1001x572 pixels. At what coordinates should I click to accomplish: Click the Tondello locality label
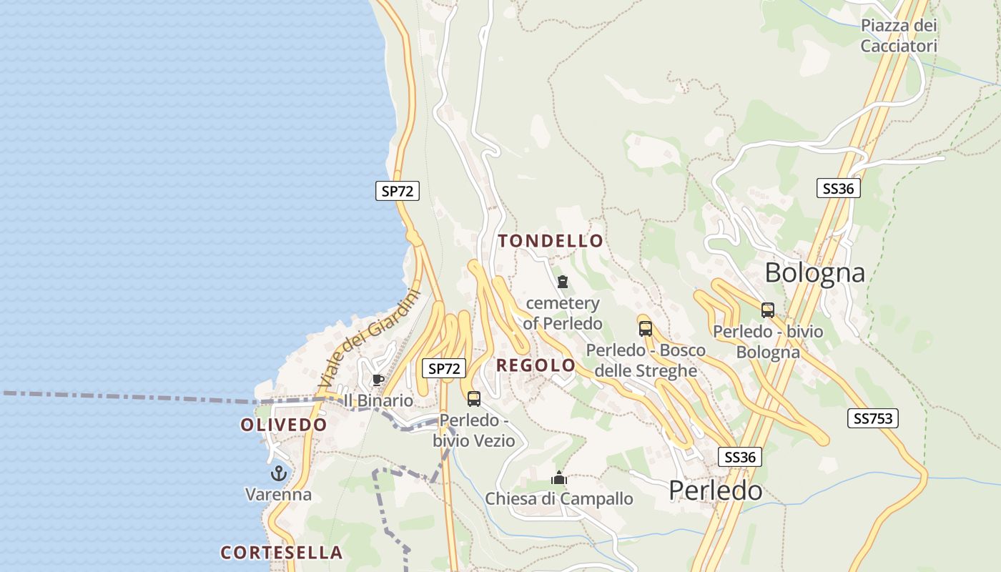(x=551, y=241)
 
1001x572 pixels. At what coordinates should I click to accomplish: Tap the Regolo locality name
(x=536, y=365)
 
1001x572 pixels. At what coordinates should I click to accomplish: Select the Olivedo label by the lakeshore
(x=283, y=425)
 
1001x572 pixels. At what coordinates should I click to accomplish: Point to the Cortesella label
(x=281, y=553)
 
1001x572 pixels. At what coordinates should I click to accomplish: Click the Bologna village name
(x=814, y=272)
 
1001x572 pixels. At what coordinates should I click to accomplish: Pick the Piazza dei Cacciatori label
(x=899, y=36)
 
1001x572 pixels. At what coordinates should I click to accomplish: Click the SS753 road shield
(x=872, y=418)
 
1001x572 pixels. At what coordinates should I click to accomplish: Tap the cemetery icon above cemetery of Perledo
(x=562, y=282)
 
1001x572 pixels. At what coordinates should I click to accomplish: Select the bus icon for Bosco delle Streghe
(x=646, y=329)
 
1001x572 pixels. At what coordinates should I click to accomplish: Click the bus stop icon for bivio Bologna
(x=768, y=310)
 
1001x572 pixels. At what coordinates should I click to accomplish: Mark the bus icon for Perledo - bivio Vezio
(x=473, y=399)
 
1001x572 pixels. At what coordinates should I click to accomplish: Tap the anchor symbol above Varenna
(x=278, y=473)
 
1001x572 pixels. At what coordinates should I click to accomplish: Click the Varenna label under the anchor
(x=278, y=494)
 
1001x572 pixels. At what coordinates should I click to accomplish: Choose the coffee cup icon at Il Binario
(x=378, y=380)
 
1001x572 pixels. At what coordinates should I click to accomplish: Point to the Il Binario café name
(x=378, y=400)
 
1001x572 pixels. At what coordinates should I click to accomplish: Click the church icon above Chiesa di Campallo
(x=559, y=478)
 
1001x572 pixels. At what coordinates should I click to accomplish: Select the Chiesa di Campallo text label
(x=559, y=498)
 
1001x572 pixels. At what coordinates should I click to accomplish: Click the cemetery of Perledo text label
(x=563, y=313)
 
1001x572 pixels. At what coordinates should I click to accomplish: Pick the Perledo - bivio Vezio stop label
(x=473, y=430)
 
